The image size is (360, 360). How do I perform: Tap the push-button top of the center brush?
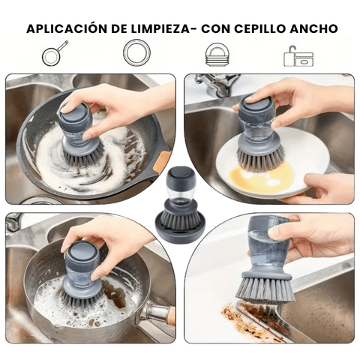[x=179, y=176]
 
